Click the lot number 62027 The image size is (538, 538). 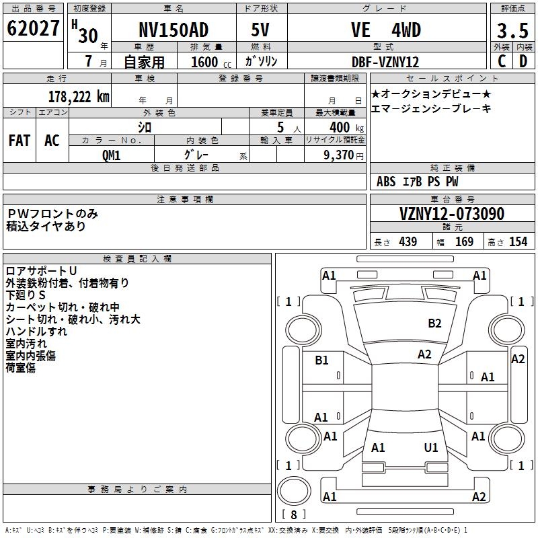tap(34, 30)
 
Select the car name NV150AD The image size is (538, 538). tap(174, 30)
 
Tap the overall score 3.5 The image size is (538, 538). tap(512, 31)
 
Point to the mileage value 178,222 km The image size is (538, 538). tap(79, 97)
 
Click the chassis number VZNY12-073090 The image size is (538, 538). tap(452, 215)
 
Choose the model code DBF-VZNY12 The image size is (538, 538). tap(385, 62)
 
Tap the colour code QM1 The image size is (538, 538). tap(111, 155)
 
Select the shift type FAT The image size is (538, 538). tap(20, 141)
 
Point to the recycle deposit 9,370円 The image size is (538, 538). tap(342, 155)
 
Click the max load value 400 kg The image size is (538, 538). tap(344, 128)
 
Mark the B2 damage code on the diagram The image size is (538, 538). tap(434, 323)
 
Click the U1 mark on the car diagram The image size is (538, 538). tap(431, 447)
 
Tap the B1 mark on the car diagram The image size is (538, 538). tap(322, 360)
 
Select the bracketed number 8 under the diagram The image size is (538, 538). tap(293, 514)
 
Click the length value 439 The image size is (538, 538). tap(408, 242)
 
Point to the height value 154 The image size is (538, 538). tap(518, 242)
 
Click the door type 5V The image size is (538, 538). tap(262, 30)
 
